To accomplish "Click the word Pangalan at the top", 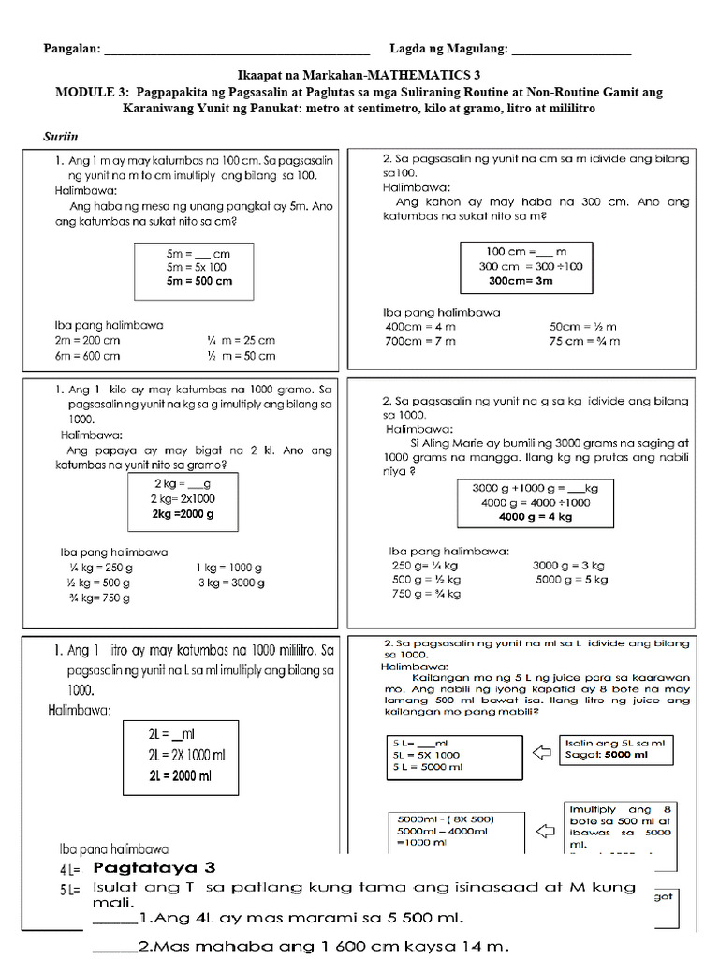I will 71,49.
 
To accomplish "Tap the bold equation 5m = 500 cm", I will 198,281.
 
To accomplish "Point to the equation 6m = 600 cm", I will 87,355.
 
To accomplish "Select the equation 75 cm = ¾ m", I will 583,341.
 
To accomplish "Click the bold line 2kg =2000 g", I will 183,514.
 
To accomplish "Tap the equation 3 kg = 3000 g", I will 230,583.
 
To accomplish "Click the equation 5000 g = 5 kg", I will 571,580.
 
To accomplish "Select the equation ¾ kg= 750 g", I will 98,598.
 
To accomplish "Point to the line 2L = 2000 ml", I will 185,775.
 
